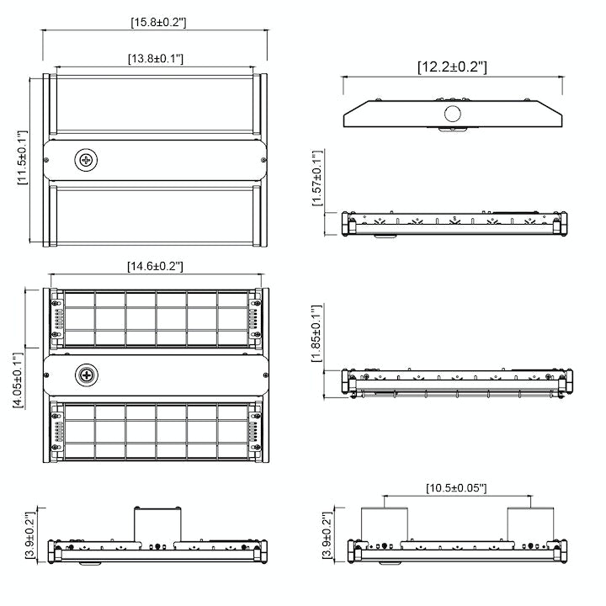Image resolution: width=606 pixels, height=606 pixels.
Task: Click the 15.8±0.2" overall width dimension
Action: pos(157,21)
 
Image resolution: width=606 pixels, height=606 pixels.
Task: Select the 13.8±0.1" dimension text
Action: pos(156,58)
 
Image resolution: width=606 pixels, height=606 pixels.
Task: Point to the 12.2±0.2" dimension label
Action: pos(452,66)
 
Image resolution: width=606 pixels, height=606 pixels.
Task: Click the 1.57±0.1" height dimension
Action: pos(316,178)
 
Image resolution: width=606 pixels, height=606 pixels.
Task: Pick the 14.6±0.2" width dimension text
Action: pos(155,266)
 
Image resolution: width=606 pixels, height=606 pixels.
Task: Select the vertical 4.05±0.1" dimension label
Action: pos(18,380)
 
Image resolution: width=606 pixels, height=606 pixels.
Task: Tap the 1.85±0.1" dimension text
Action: pos(316,333)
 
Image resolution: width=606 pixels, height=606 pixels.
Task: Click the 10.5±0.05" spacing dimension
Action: pos(456,487)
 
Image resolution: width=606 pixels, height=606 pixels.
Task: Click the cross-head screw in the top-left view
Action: pos(86,160)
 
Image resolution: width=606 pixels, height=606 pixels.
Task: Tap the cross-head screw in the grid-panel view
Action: pos(86,376)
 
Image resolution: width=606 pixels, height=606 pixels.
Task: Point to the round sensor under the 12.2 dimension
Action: pos(453,115)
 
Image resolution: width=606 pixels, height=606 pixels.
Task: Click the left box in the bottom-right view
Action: pos(385,524)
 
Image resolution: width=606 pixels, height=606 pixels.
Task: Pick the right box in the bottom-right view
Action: pos(531,524)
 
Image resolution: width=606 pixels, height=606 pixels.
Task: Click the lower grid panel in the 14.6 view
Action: pos(157,430)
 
